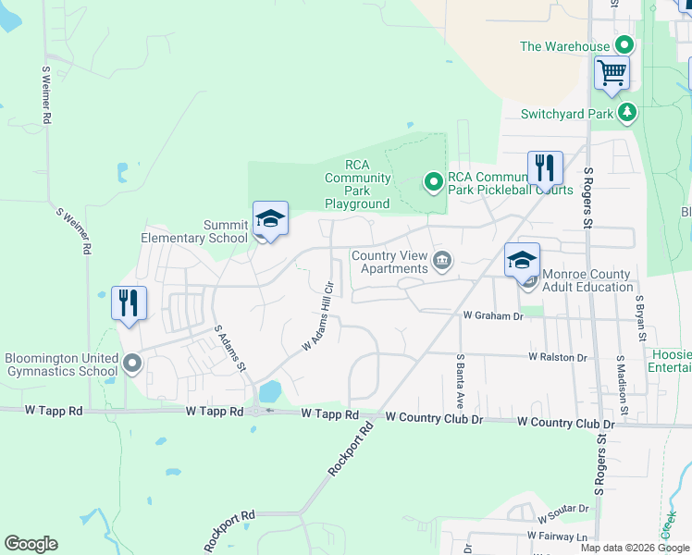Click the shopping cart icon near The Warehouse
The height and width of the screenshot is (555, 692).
(x=612, y=72)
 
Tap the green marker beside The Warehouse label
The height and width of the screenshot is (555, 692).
(x=625, y=44)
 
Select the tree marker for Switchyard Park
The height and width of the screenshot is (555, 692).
(x=628, y=112)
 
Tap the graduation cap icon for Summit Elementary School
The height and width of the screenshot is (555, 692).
(x=270, y=219)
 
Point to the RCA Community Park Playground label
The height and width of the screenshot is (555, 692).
(x=357, y=184)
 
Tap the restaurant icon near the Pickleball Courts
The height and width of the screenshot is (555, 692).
(x=545, y=168)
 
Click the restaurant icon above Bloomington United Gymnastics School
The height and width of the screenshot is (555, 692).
(x=129, y=302)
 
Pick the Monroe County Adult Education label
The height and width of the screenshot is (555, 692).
(x=587, y=280)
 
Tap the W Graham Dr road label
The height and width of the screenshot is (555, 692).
(x=493, y=315)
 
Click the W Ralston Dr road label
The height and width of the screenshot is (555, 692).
(x=558, y=356)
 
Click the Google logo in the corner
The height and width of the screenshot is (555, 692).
(x=31, y=544)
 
